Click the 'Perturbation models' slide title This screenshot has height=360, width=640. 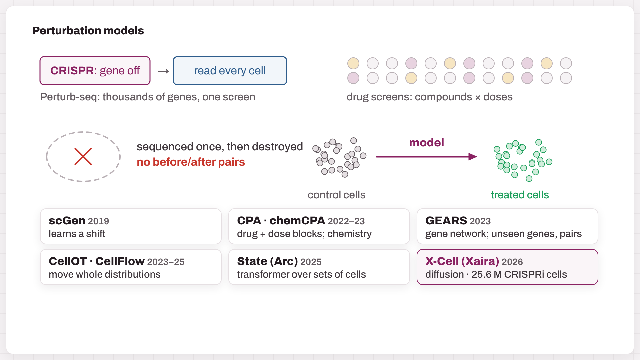click(88, 31)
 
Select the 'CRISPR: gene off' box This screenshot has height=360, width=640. click(95, 71)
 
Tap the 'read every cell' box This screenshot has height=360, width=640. click(230, 71)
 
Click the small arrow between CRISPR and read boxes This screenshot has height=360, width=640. click(163, 71)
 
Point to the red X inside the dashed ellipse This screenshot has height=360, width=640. click(83, 157)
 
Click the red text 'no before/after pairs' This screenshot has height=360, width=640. click(191, 162)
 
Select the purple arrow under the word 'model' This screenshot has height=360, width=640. click(426, 157)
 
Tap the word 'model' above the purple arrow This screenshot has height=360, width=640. click(427, 143)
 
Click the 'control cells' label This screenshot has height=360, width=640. click(336, 195)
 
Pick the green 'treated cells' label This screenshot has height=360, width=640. click(520, 195)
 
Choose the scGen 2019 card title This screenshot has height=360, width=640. click(79, 221)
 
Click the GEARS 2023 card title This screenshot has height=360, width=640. click(458, 221)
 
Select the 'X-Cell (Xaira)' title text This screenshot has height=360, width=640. click(462, 261)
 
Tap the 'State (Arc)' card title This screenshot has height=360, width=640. click(267, 261)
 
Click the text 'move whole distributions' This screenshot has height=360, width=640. click(105, 274)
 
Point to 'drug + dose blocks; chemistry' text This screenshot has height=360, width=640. click(304, 234)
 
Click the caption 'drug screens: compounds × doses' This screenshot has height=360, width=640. click(430, 97)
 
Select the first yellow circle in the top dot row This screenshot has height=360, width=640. click(353, 63)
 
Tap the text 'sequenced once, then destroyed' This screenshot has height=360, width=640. click(220, 147)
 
